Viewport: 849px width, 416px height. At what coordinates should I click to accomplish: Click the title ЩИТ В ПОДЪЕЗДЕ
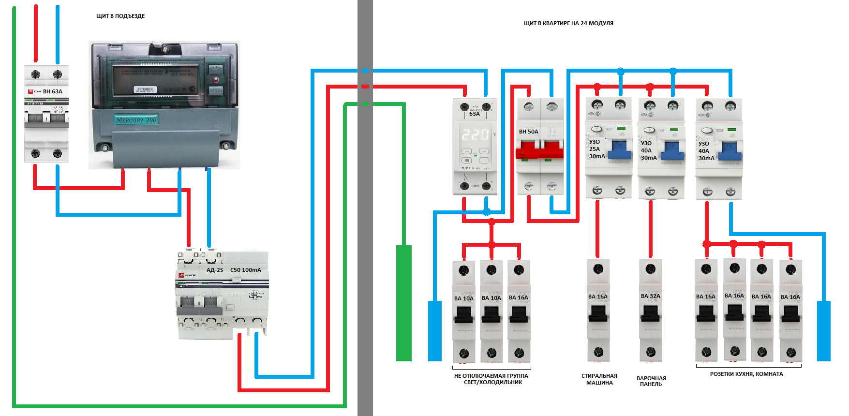120,16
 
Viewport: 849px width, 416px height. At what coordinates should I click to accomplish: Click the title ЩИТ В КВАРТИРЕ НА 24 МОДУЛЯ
568,23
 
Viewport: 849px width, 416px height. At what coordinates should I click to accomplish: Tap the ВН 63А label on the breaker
52,91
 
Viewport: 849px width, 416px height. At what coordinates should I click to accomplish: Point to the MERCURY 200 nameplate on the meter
136,120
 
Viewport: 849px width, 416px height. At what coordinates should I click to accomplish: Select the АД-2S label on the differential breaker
215,270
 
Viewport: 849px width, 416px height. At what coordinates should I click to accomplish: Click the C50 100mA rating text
246,270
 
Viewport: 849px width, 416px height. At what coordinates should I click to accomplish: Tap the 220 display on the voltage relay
475,134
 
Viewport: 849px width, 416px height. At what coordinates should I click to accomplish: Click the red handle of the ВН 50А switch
539,151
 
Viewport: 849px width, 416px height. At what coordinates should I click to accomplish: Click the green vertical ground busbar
403,303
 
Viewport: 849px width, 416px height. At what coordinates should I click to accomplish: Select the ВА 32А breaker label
650,296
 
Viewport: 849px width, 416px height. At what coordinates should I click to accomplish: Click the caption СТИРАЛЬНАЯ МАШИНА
599,379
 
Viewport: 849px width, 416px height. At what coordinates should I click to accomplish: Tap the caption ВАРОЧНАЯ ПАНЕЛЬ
651,381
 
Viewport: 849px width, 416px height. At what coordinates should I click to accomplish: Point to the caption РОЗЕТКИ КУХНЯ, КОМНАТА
746,374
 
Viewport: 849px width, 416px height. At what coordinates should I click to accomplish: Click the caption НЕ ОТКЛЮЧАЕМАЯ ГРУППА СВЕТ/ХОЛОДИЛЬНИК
492,379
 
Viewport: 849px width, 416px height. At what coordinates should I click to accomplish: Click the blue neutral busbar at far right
823,331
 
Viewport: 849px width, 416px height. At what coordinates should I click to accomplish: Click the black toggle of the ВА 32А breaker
650,314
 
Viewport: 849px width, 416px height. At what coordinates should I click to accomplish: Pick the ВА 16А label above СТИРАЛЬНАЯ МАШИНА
597,297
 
